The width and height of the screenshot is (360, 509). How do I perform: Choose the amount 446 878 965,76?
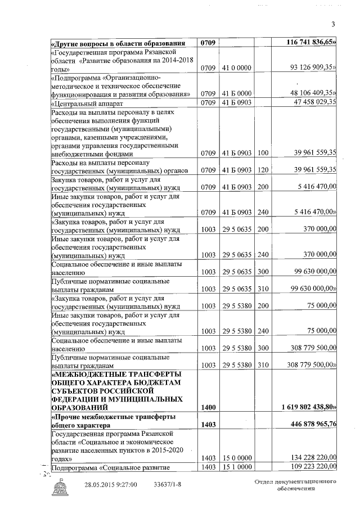point(309,424)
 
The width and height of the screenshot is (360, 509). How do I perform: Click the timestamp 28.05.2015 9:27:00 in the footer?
point(111,485)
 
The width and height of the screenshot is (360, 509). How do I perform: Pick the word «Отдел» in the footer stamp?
point(263,483)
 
